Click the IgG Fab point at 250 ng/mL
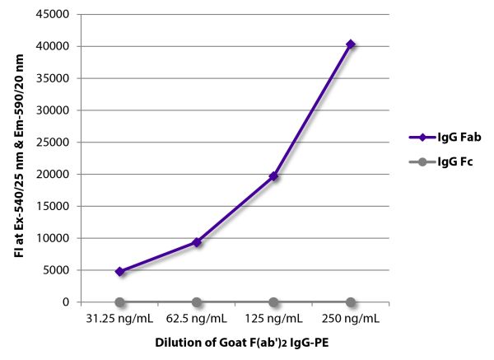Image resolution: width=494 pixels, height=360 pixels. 351,44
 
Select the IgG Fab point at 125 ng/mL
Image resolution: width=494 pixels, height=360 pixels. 273,176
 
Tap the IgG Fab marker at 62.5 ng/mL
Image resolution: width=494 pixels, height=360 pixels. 197,242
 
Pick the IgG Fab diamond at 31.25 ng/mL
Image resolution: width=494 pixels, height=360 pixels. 120,271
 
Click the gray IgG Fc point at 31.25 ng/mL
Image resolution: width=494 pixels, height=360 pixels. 120,302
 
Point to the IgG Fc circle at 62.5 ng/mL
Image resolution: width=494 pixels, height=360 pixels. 197,302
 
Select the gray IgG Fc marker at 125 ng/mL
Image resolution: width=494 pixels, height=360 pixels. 273,302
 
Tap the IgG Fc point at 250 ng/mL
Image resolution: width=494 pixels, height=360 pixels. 351,302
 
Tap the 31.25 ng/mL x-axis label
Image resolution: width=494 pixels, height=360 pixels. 120,318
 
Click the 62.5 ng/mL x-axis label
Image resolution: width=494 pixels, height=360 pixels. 197,318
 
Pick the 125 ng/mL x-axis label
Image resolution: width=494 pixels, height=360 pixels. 273,318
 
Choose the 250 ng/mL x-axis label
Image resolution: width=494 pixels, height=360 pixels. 351,318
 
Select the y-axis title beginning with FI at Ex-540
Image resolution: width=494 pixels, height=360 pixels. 18,157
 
